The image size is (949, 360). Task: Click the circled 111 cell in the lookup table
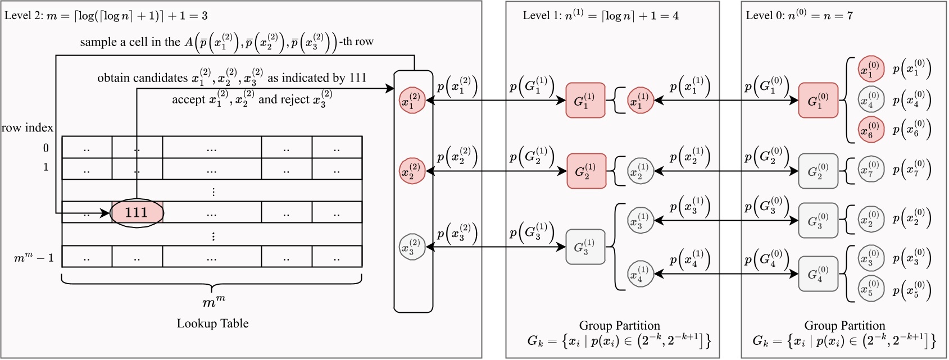[137, 213]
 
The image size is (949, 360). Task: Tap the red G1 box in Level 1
[585, 101]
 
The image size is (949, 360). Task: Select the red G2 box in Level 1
[585, 171]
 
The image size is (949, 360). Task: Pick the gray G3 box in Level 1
[585, 247]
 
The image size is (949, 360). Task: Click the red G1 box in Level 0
[818, 101]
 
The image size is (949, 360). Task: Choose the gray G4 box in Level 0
[818, 274]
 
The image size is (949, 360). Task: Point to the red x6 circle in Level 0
[871, 130]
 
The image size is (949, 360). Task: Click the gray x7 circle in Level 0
[871, 169]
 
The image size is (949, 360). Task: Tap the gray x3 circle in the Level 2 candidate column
[412, 247]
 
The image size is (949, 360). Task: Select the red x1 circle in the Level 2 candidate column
[412, 101]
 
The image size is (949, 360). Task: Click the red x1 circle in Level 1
[640, 101]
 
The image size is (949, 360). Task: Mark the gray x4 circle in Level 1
[640, 274]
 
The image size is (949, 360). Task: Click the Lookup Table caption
[212, 323]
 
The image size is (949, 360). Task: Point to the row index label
[27, 128]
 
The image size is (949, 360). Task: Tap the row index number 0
[46, 148]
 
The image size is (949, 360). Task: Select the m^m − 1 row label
[34, 258]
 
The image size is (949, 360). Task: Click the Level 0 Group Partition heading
[844, 326]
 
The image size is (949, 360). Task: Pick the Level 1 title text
[600, 15]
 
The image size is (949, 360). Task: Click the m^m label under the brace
[213, 302]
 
